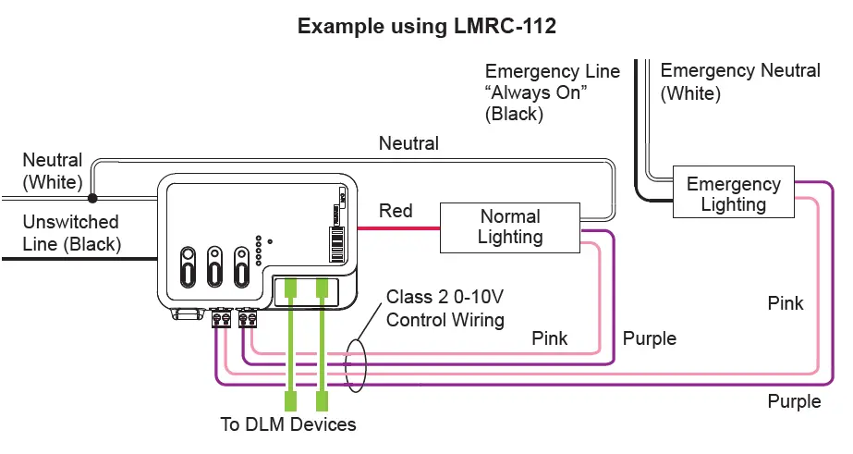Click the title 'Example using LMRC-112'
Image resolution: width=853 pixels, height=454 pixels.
pos(426,27)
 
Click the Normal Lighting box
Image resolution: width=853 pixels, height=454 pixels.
pos(510,227)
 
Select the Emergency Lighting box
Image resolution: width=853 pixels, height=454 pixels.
pos(733,194)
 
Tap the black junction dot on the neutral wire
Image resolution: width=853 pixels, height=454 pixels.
pos(92,197)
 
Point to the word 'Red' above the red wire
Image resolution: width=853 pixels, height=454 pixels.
pos(396,211)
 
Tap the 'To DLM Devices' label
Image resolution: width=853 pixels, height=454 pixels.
pos(287,424)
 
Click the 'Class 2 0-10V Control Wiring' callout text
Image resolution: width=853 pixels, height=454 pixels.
pos(445,308)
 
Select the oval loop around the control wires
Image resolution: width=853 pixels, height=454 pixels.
pos(355,366)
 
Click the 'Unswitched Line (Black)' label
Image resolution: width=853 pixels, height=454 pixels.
pos(71,233)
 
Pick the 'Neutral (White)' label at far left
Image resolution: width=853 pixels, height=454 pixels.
pos(53,171)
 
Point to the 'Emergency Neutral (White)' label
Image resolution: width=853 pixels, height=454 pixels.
pos(740,81)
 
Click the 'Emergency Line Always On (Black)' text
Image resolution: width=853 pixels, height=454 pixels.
pos(553,92)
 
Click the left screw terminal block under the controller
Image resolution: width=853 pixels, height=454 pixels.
pos(221,319)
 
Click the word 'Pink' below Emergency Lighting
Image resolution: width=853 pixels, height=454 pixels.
pos(786,303)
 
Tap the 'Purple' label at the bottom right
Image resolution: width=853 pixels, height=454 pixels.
pos(794,400)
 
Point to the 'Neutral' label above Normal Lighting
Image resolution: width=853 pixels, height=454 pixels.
pos(408,143)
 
